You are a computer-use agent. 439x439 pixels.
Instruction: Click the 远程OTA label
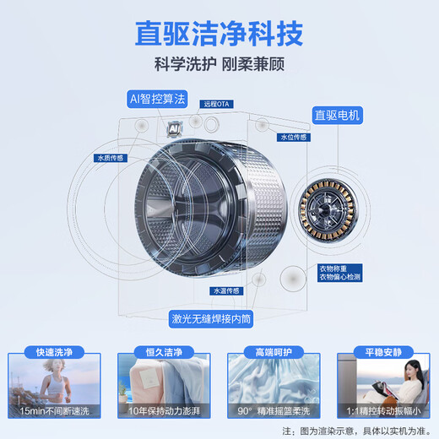pyautogui.click(x=218, y=105)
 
